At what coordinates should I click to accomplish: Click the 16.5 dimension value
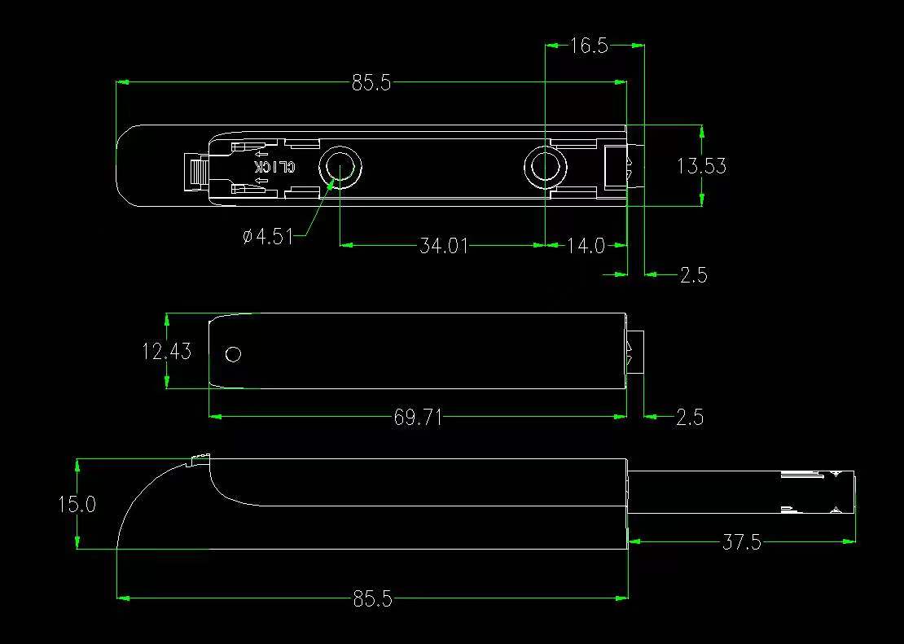pos(589,46)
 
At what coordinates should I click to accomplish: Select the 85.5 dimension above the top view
pos(371,84)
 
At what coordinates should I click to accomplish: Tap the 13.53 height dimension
pos(702,166)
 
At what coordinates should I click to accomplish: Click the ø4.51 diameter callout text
pos(268,236)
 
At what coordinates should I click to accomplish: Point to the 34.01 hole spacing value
pos(443,246)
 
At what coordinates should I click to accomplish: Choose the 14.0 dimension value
pos(586,246)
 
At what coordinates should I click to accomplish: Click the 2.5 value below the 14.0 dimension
pos(694,275)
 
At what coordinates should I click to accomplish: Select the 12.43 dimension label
pos(167,351)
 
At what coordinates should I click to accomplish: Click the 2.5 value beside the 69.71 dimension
pos(690,417)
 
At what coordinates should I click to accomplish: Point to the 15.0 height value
pos(77,505)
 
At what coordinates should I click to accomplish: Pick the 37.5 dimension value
pos(741,542)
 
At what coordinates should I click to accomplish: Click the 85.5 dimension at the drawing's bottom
pos(372,599)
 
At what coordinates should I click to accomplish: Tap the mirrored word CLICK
pos(275,167)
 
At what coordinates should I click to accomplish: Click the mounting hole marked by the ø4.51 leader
pos(340,167)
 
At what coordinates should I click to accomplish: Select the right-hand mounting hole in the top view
pos(546,167)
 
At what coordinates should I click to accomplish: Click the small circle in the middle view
pos(234,354)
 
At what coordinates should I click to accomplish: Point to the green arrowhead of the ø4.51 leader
pos(331,183)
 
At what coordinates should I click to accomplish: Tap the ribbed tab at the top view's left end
pos(195,172)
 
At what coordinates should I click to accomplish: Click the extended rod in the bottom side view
pos(741,492)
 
